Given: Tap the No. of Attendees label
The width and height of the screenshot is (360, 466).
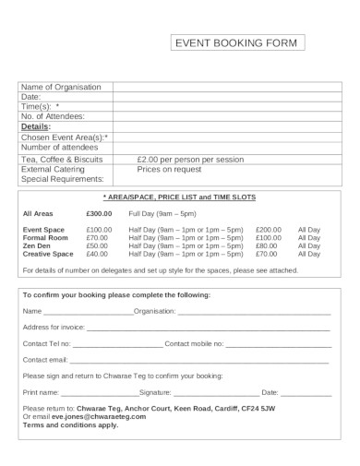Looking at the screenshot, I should [x=53, y=115].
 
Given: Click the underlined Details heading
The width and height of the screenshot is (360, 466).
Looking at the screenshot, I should [x=35, y=126].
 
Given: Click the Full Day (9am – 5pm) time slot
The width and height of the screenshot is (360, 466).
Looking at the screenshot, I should [x=163, y=213].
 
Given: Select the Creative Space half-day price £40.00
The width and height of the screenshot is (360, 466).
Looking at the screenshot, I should [x=97, y=254].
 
